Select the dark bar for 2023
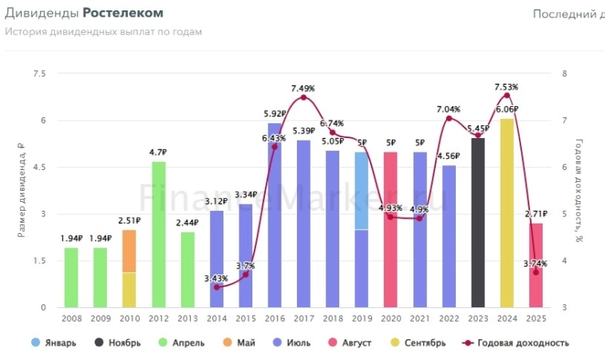[x=477, y=223]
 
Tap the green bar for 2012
[x=159, y=235]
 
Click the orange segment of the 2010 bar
[x=129, y=251]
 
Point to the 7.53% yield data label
[x=506, y=87]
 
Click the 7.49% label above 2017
[x=303, y=89]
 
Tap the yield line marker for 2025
[x=536, y=272]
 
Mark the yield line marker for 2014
[x=217, y=287]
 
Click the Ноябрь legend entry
[x=119, y=343]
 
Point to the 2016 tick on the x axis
[x=275, y=318]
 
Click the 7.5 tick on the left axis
[x=39, y=74]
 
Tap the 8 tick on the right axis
[x=564, y=74]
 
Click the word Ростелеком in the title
[x=123, y=14]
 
